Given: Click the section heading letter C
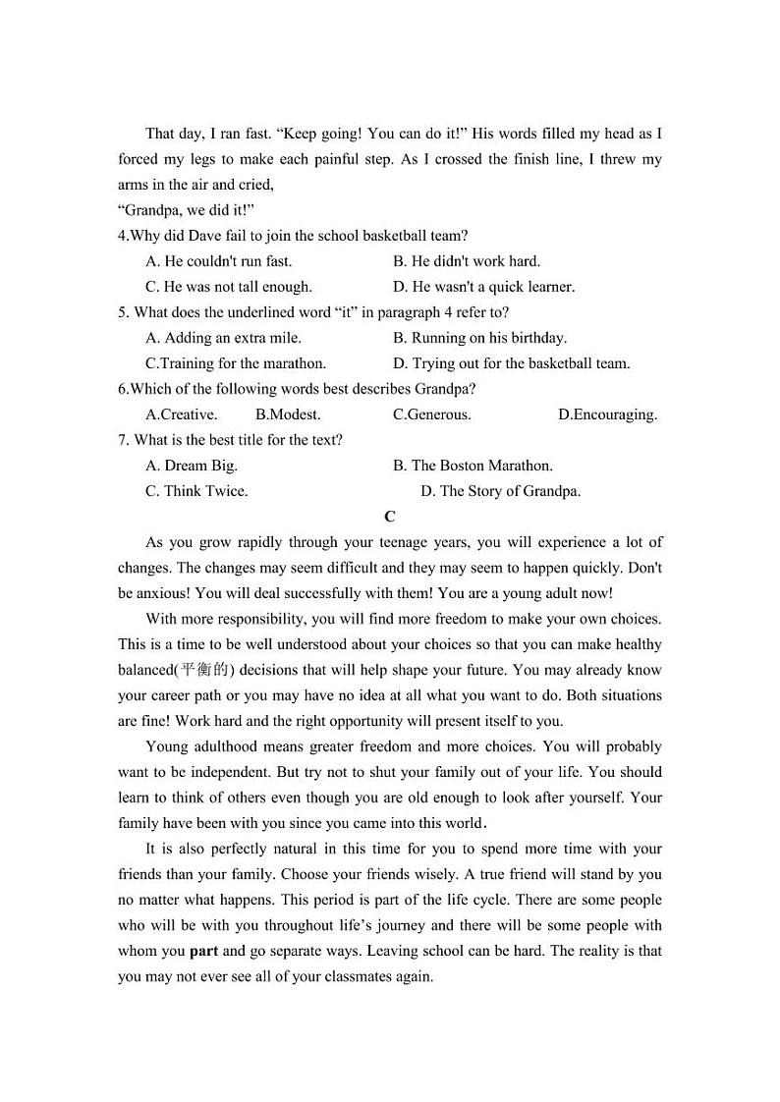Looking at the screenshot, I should (x=390, y=517).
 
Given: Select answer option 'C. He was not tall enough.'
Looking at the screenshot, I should (x=228, y=287).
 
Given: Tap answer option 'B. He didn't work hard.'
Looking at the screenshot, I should (x=467, y=261).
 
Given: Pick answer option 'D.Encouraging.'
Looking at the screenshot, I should (x=607, y=414).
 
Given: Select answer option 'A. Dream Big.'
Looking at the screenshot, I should (x=192, y=466).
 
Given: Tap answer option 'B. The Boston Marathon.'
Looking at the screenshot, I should (x=473, y=466).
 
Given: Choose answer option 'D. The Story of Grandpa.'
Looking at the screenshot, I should (x=500, y=491).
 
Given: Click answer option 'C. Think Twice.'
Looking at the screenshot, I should (x=196, y=491).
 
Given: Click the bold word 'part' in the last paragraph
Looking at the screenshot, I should (x=203, y=951).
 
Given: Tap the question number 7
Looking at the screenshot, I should (x=122, y=440).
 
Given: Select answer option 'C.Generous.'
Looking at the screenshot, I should (x=431, y=414).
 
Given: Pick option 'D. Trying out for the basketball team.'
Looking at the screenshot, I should (x=512, y=363).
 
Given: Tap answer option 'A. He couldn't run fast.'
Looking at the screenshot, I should (x=218, y=261).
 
